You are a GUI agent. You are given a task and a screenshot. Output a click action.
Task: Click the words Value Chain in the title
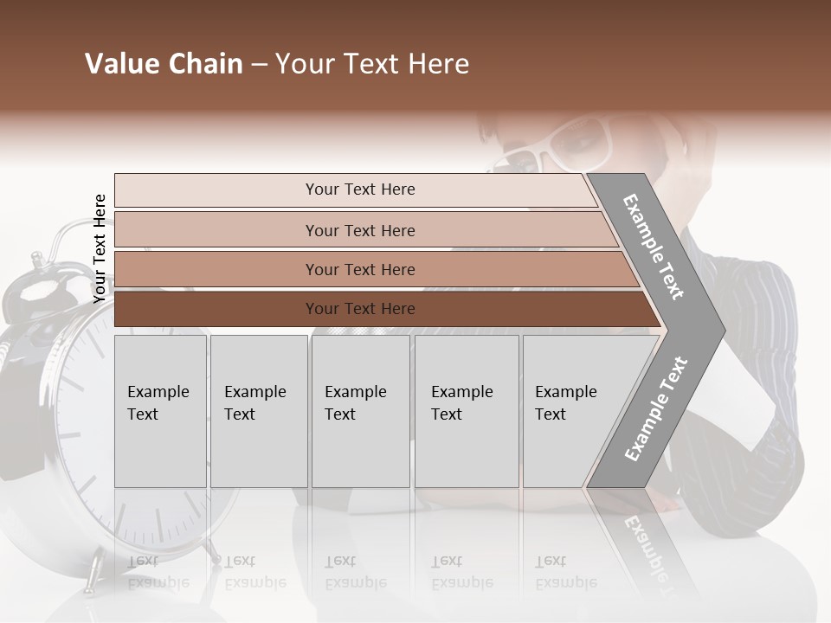(x=164, y=65)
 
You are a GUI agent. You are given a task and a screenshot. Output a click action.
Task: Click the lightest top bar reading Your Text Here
(x=360, y=189)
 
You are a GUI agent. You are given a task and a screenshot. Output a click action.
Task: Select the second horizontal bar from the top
(x=360, y=230)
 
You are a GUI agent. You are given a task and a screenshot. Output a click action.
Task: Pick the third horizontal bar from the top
(x=360, y=269)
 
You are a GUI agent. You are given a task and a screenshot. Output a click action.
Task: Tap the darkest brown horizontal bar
(x=360, y=309)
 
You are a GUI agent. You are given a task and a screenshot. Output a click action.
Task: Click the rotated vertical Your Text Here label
(x=100, y=248)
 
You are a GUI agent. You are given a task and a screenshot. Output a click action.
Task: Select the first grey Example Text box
(x=160, y=411)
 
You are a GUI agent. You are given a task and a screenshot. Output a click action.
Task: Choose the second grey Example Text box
(x=258, y=411)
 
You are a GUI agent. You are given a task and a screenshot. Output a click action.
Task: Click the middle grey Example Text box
(x=360, y=411)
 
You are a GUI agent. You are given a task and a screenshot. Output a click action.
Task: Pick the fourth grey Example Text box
(x=467, y=411)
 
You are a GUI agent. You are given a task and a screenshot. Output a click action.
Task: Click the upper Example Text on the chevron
(x=654, y=247)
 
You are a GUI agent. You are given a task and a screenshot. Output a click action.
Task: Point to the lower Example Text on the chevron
(x=656, y=408)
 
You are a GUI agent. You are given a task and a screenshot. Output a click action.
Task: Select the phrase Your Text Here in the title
(x=372, y=65)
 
